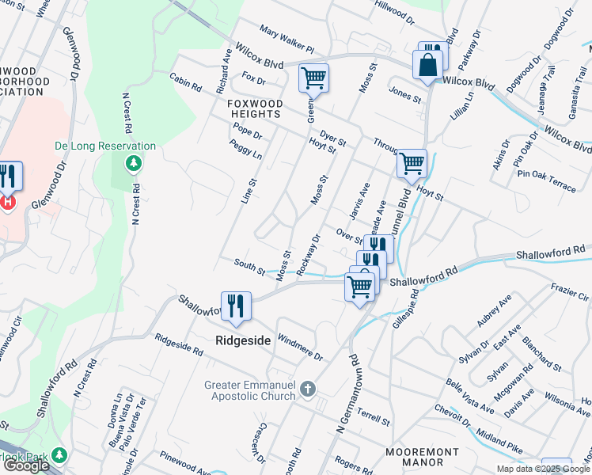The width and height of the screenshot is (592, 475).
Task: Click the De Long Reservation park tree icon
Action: pyautogui.click(x=134, y=163)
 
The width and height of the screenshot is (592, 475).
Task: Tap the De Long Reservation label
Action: pyautogui.click(x=105, y=146)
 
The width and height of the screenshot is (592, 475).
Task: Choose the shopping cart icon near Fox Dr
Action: pyautogui.click(x=313, y=78)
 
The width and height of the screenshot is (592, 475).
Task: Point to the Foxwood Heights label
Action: pyautogui.click(x=255, y=108)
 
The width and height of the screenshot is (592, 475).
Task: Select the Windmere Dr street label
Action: pyautogui.click(x=301, y=346)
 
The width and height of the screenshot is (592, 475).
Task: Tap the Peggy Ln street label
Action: pyautogui.click(x=245, y=149)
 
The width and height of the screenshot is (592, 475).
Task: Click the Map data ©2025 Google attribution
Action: pyautogui.click(x=543, y=469)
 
